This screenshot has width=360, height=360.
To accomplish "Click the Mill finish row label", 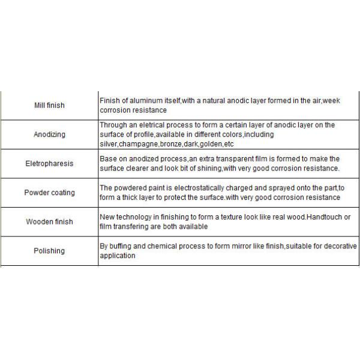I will (x=49, y=106).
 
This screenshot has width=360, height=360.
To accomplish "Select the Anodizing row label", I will (x=49, y=135).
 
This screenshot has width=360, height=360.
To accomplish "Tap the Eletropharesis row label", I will (x=49, y=164).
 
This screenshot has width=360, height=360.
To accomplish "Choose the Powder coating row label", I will (x=49, y=193).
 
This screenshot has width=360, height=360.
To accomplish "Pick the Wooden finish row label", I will (x=49, y=222).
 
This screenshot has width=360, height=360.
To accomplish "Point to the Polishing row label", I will (x=49, y=251).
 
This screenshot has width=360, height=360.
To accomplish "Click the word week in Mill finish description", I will (x=331, y=101).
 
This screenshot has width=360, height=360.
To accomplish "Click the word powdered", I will (x=131, y=188).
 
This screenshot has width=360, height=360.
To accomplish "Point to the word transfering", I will (x=131, y=227).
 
